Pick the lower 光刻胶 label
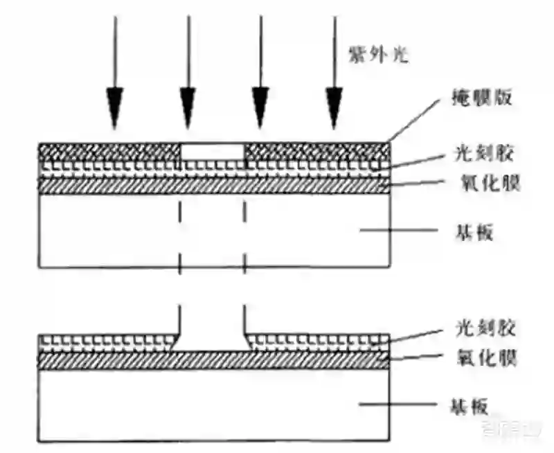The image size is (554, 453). [483, 326]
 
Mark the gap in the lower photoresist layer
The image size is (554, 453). [213, 339]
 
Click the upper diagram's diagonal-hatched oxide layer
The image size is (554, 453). [212, 184]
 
